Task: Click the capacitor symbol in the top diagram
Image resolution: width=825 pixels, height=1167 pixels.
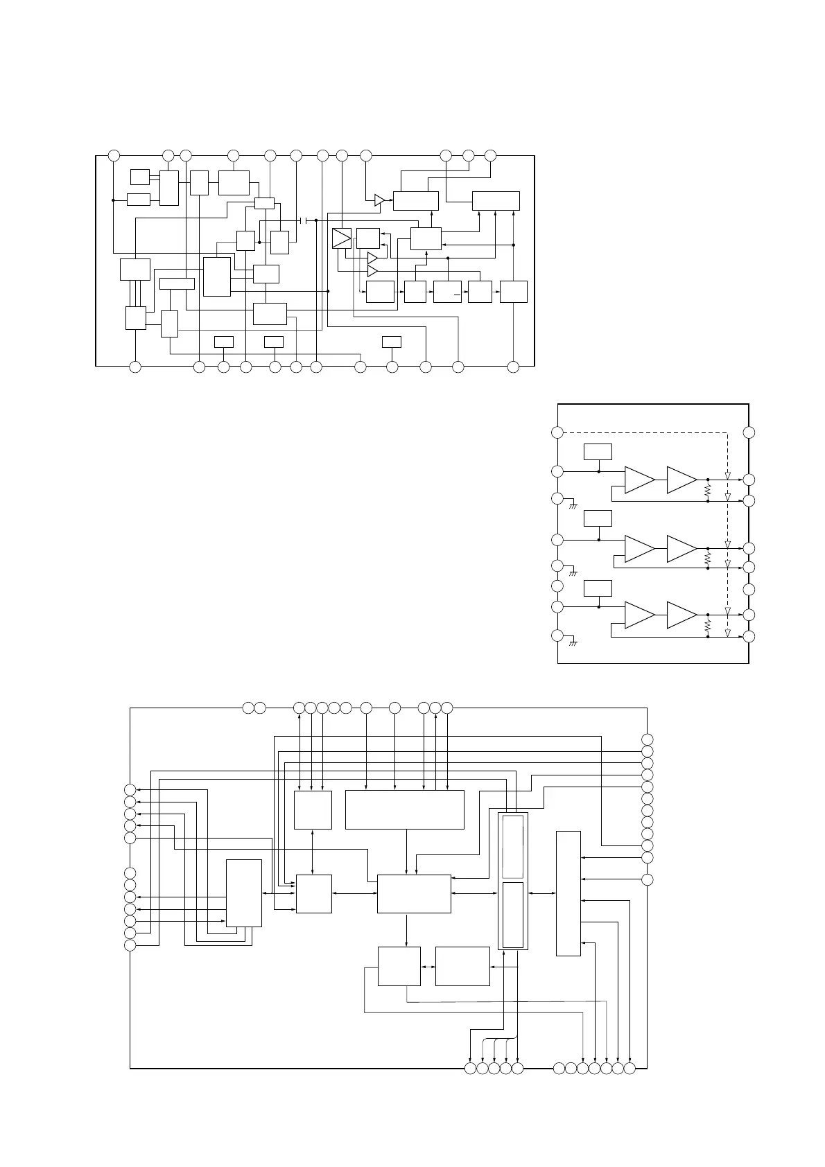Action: tap(304, 220)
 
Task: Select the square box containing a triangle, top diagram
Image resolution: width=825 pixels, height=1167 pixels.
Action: tap(342, 238)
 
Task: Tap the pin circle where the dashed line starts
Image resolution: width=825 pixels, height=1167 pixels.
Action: tap(557, 432)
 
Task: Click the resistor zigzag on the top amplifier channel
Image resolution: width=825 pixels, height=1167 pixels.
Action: tap(707, 490)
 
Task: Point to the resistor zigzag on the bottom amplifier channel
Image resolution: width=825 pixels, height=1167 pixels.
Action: tap(707, 625)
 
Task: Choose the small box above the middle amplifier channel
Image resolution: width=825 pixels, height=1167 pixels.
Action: tap(598, 518)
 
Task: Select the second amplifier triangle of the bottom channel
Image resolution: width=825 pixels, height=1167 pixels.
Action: tap(681, 615)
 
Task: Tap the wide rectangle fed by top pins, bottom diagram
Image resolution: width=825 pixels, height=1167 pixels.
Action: tap(404, 809)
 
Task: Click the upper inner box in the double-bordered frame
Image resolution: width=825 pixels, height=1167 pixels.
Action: tap(513, 847)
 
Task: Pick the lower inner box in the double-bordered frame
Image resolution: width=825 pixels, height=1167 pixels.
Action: tap(513, 915)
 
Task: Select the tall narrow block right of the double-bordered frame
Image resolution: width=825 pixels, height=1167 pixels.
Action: tap(568, 893)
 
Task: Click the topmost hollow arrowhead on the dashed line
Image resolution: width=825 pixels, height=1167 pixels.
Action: tap(727, 477)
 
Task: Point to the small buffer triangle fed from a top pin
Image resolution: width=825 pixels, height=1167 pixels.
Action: tap(379, 200)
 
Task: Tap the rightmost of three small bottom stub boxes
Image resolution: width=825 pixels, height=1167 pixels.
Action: tap(392, 341)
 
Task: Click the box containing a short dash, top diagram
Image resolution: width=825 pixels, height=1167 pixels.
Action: tap(447, 292)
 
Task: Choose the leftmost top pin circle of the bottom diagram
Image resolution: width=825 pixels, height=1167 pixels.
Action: tap(248, 708)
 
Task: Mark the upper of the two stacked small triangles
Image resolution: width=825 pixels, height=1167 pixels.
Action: tap(372, 258)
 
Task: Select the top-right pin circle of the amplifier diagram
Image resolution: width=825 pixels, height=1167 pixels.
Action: tap(749, 432)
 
